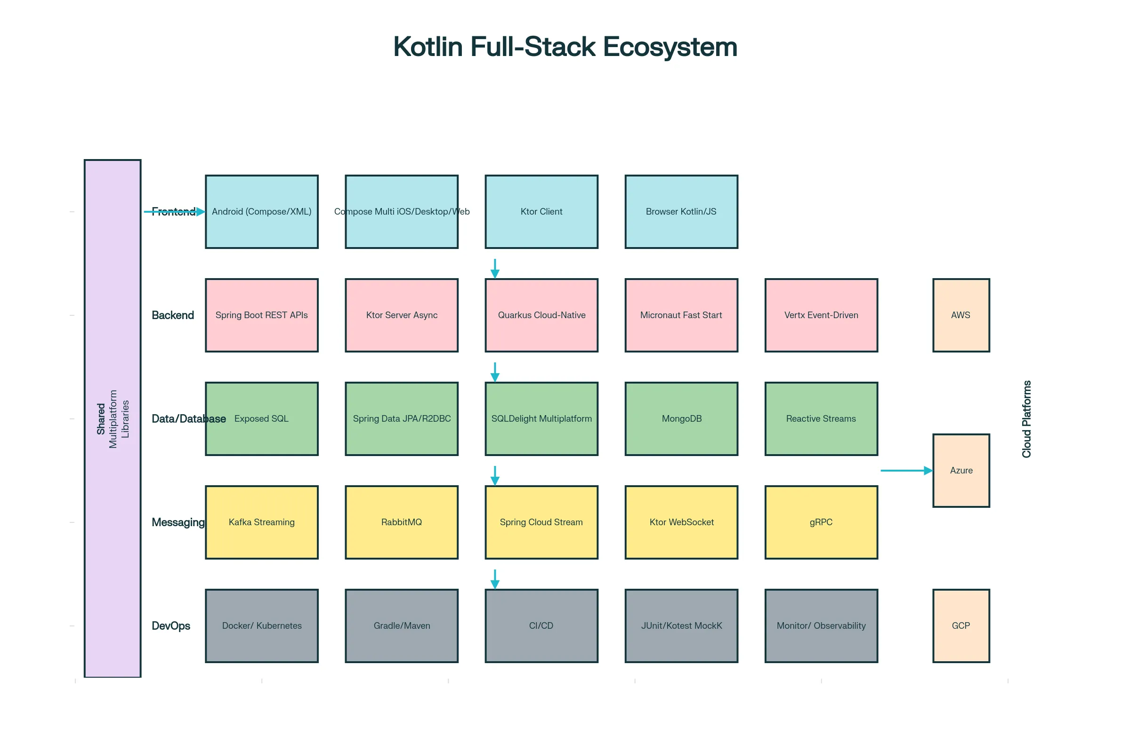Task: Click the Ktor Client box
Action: [x=541, y=212]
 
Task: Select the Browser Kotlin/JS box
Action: [x=681, y=212]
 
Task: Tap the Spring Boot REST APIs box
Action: [x=262, y=315]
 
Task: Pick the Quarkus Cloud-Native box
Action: [x=541, y=315]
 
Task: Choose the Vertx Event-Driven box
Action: [x=821, y=315]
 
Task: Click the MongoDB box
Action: [x=681, y=419]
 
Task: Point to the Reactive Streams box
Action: [x=821, y=419]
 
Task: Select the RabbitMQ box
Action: [x=402, y=522]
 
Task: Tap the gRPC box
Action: [x=821, y=522]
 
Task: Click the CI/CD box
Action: [x=541, y=626]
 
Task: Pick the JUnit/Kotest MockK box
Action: [x=681, y=626]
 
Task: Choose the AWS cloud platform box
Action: [x=961, y=315]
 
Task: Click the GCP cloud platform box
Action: [x=961, y=626]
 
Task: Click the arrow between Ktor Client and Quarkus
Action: [x=495, y=269]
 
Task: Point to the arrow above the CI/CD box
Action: [x=495, y=579]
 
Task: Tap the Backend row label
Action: [x=173, y=315]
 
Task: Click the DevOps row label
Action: [x=171, y=626]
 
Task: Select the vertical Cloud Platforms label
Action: [x=1026, y=419]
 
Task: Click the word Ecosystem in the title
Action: [x=670, y=47]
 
